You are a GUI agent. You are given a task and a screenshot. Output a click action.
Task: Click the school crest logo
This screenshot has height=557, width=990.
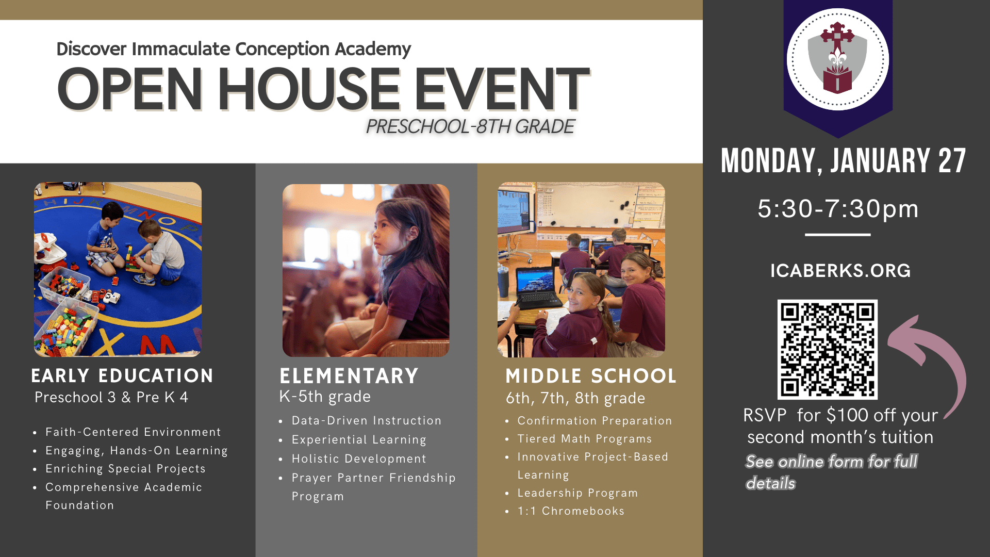837,59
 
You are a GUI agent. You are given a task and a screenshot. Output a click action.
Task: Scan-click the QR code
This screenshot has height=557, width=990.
828,350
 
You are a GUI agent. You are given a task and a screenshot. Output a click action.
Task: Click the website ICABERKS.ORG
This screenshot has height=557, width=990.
840,271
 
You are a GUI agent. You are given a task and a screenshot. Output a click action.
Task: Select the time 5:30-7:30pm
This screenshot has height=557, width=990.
838,209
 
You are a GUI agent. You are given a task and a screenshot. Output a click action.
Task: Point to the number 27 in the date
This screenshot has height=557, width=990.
952,161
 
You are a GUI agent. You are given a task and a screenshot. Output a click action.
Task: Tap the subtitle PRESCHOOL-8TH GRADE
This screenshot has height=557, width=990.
470,126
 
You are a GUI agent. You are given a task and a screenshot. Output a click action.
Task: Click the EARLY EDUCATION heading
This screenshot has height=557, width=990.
122,375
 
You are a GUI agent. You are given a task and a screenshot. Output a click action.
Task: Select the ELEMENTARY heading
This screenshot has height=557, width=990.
349,376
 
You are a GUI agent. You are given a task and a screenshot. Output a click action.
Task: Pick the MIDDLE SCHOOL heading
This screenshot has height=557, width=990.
591,376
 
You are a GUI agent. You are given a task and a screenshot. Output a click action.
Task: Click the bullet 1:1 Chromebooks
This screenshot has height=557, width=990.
571,511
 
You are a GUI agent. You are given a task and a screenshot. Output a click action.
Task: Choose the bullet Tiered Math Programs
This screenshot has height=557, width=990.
585,439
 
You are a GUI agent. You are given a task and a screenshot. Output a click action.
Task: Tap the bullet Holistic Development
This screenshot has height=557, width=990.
359,458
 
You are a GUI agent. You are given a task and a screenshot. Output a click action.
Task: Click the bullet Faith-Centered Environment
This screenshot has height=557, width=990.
133,432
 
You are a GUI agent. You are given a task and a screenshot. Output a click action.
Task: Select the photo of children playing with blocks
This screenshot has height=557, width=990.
118,269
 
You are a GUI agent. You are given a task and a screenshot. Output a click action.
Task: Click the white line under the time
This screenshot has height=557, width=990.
838,235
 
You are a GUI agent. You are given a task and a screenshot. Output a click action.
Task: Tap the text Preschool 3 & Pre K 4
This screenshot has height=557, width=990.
111,397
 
